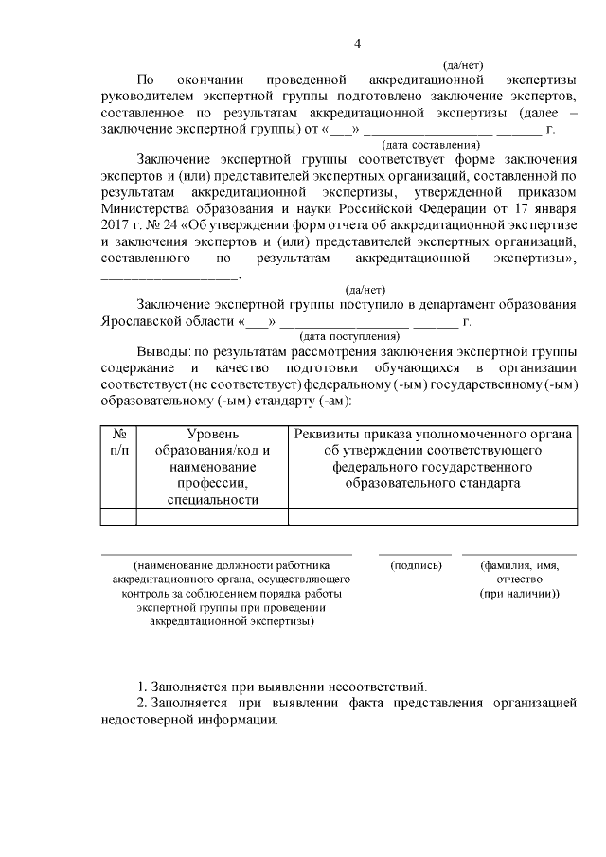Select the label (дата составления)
(430, 145)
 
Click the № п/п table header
(118, 441)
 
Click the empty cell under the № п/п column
(118, 516)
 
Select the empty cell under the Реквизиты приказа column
(432, 516)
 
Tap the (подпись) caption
(416, 565)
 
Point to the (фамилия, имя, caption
(519, 565)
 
